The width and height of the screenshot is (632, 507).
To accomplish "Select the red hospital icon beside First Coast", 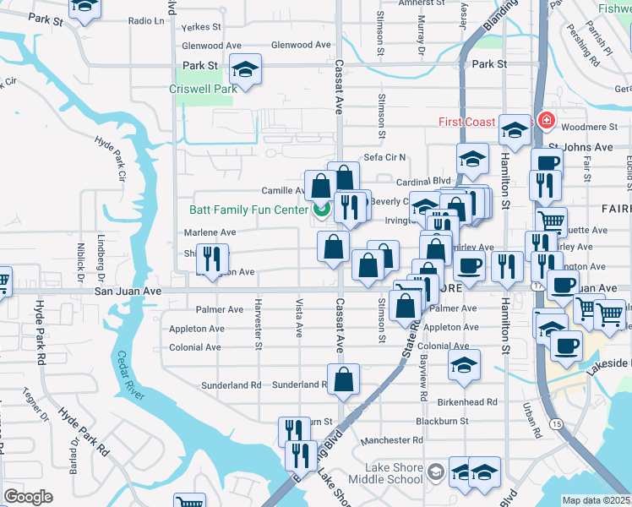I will pyautogui.click(x=546, y=121).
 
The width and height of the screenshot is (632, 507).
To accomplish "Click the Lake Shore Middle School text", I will pyautogui.click(x=394, y=473).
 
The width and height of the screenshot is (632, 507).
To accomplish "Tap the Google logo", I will pyautogui.click(x=28, y=497).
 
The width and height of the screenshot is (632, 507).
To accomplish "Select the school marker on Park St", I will pyautogui.click(x=246, y=69).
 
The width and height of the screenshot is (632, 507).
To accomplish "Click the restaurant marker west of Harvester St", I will pyautogui.click(x=211, y=259).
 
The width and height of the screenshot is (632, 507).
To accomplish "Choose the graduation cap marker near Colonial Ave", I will pyautogui.click(x=464, y=364).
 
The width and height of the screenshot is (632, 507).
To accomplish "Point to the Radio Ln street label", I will pyautogui.click(x=145, y=20).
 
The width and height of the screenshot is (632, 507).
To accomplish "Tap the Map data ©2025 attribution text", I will pyautogui.click(x=597, y=500).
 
